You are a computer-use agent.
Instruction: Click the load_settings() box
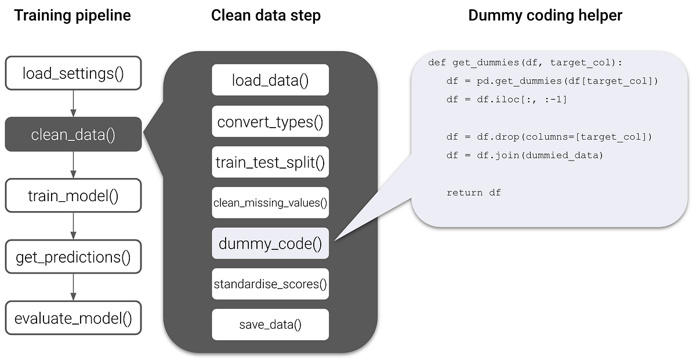tap(73, 73)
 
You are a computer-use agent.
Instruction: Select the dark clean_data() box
tap(73, 134)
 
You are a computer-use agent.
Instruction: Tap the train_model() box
tap(73, 195)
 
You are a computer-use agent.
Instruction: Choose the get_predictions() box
tap(73, 256)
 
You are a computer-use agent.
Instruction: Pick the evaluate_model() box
tap(73, 318)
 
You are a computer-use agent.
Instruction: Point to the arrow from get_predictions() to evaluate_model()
tap(73, 287)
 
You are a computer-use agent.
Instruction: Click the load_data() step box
tap(270, 80)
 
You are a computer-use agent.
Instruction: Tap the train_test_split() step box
tap(270, 162)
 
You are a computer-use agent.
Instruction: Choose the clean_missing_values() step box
tap(270, 202)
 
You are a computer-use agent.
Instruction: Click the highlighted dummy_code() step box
tap(270, 243)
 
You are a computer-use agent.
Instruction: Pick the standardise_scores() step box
tap(270, 284)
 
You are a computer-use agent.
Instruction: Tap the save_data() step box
tap(270, 325)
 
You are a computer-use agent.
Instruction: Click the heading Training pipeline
tap(72, 16)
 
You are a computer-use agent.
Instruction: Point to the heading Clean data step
tap(266, 16)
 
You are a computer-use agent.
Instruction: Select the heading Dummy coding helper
tap(545, 16)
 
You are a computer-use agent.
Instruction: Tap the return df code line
tap(473, 192)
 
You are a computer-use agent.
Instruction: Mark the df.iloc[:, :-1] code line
tap(506, 100)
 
